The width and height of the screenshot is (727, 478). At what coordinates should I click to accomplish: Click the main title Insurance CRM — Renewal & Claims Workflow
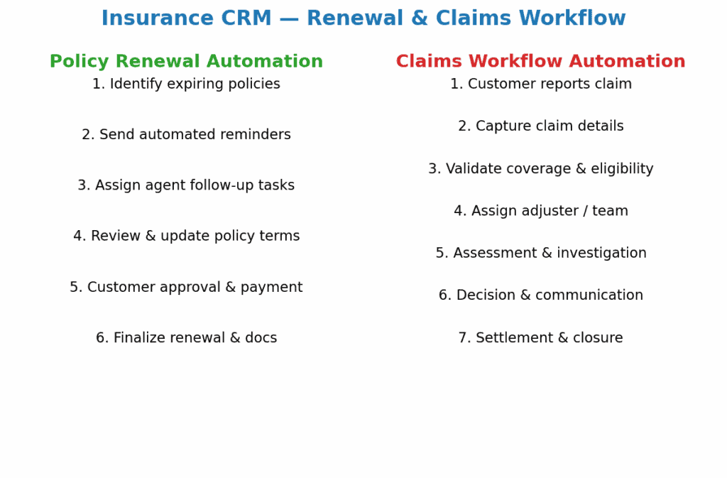[363, 18]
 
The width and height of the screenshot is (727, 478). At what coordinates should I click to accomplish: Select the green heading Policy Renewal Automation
[187, 61]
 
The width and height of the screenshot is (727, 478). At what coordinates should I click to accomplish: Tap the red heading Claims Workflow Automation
[540, 61]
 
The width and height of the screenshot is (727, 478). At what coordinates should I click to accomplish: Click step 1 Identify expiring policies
[187, 84]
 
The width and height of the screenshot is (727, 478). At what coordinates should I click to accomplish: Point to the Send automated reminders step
[187, 134]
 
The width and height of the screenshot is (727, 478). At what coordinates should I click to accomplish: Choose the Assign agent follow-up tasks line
[187, 185]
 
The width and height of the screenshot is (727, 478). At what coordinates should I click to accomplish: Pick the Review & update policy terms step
[187, 236]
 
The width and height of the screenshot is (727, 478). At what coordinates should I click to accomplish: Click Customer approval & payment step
[187, 287]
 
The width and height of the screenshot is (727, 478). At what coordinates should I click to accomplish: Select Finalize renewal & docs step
[187, 337]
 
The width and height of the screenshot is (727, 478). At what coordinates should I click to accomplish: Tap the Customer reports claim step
[540, 84]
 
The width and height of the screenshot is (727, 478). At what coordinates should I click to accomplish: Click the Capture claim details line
[540, 126]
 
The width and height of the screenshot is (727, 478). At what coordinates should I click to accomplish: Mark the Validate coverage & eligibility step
[540, 168]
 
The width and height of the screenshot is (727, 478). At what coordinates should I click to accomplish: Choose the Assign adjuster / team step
[540, 210]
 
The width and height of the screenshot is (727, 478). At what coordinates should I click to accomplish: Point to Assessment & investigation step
[540, 253]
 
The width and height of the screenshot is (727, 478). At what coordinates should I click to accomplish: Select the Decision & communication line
[540, 295]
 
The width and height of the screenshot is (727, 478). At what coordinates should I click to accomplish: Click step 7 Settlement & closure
[540, 337]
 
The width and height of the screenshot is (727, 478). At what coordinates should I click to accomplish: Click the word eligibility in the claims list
[622, 168]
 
